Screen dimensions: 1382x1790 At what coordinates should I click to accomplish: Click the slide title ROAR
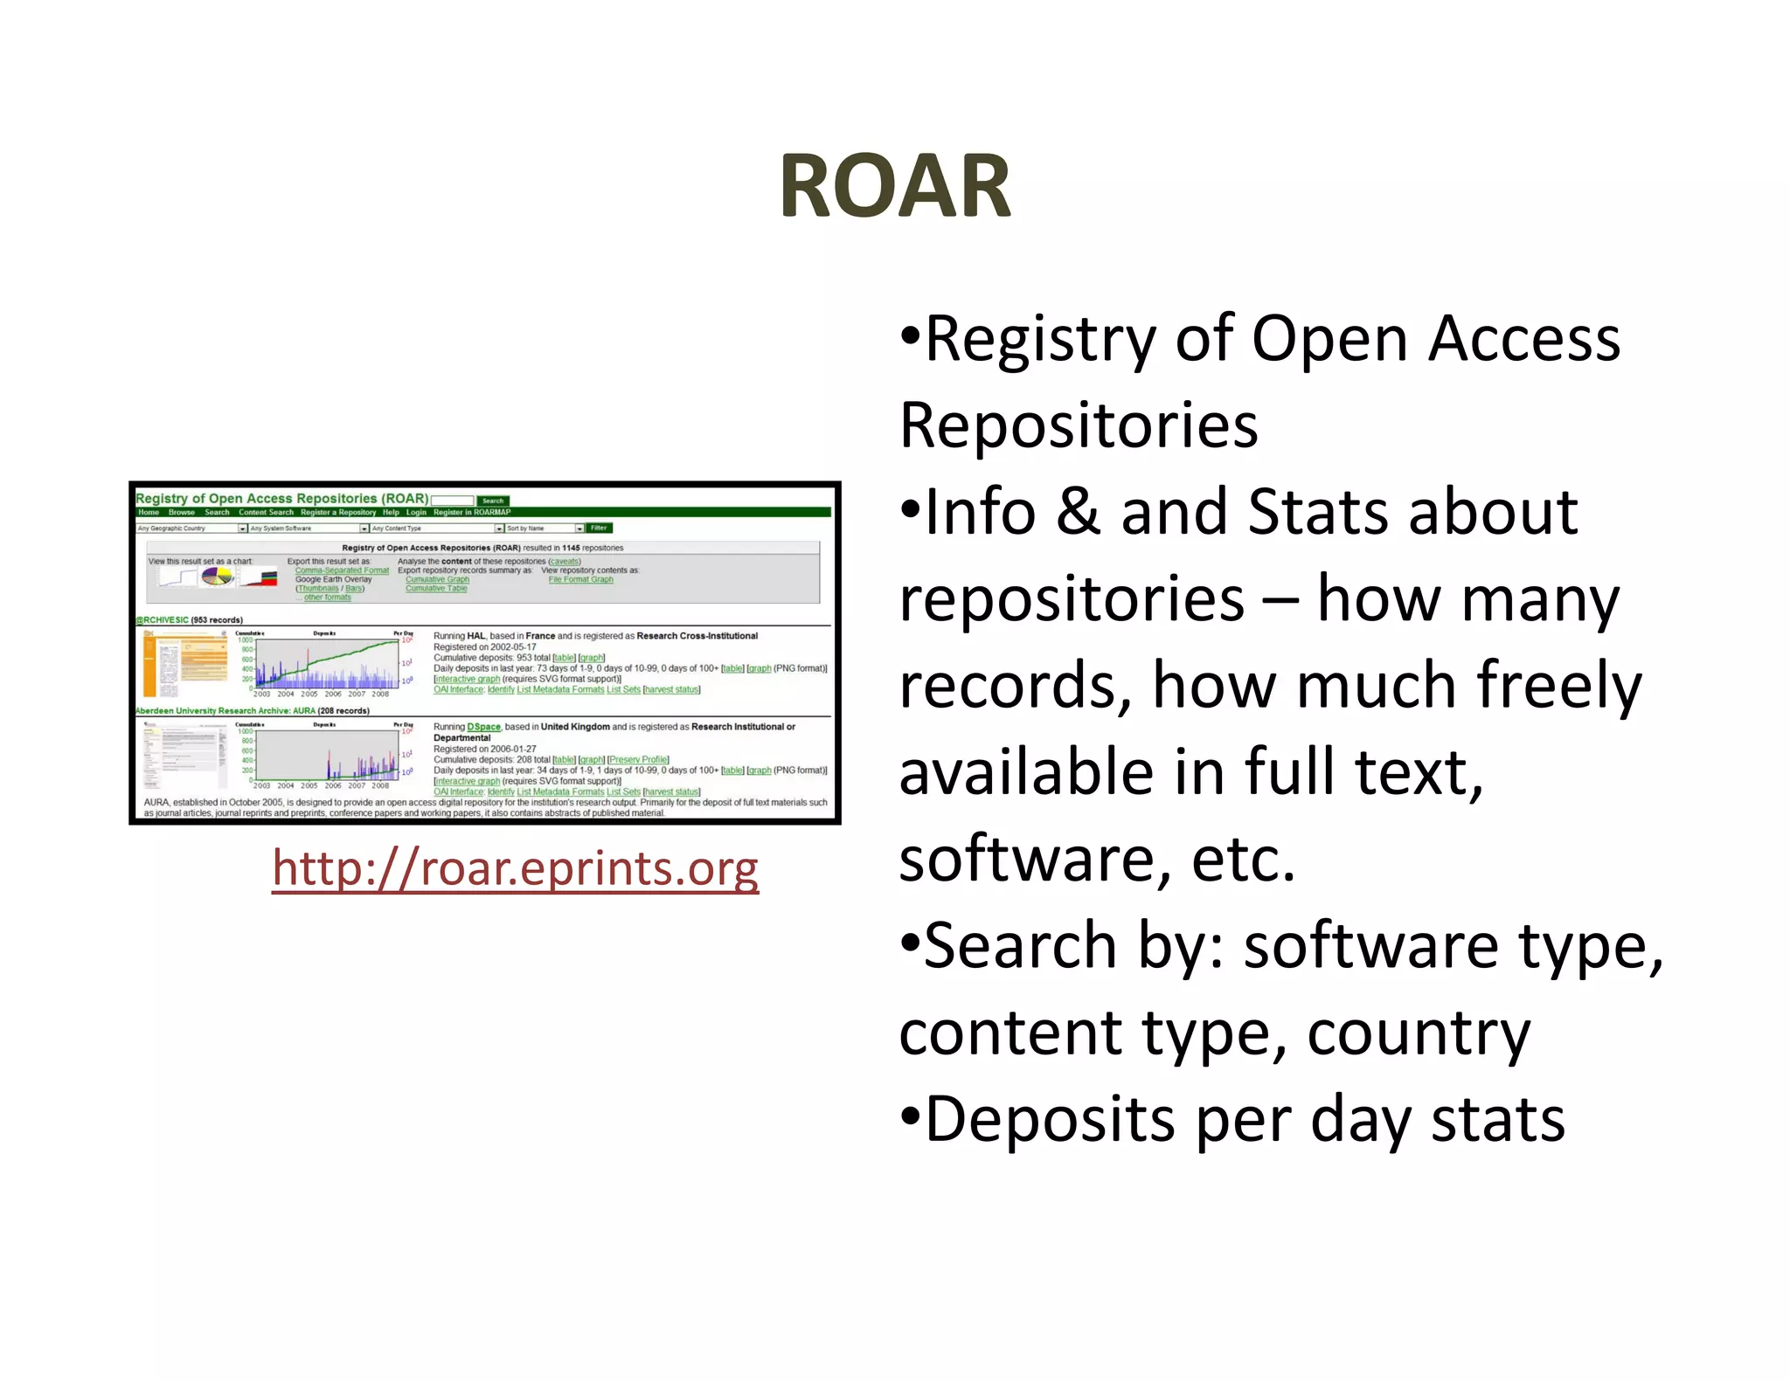[x=894, y=185]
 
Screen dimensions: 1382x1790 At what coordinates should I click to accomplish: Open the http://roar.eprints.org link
[x=515, y=868]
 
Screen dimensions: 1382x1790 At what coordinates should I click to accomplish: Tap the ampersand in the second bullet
[x=1078, y=512]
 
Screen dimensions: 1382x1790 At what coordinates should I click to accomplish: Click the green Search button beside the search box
[x=493, y=501]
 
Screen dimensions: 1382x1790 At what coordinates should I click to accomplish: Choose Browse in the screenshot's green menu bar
[x=182, y=513]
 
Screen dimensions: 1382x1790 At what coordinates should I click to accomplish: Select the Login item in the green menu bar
[x=416, y=513]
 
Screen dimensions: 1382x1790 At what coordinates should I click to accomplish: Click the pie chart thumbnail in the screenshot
[x=218, y=577]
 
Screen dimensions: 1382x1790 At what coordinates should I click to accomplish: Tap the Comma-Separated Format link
[x=342, y=570]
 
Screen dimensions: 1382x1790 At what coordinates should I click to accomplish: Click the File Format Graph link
[x=580, y=579]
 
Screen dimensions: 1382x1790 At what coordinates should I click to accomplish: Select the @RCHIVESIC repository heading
[x=162, y=620]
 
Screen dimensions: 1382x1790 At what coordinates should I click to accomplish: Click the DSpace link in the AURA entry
[x=483, y=727]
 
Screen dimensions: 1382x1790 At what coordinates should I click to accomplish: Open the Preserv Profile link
[x=638, y=760]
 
